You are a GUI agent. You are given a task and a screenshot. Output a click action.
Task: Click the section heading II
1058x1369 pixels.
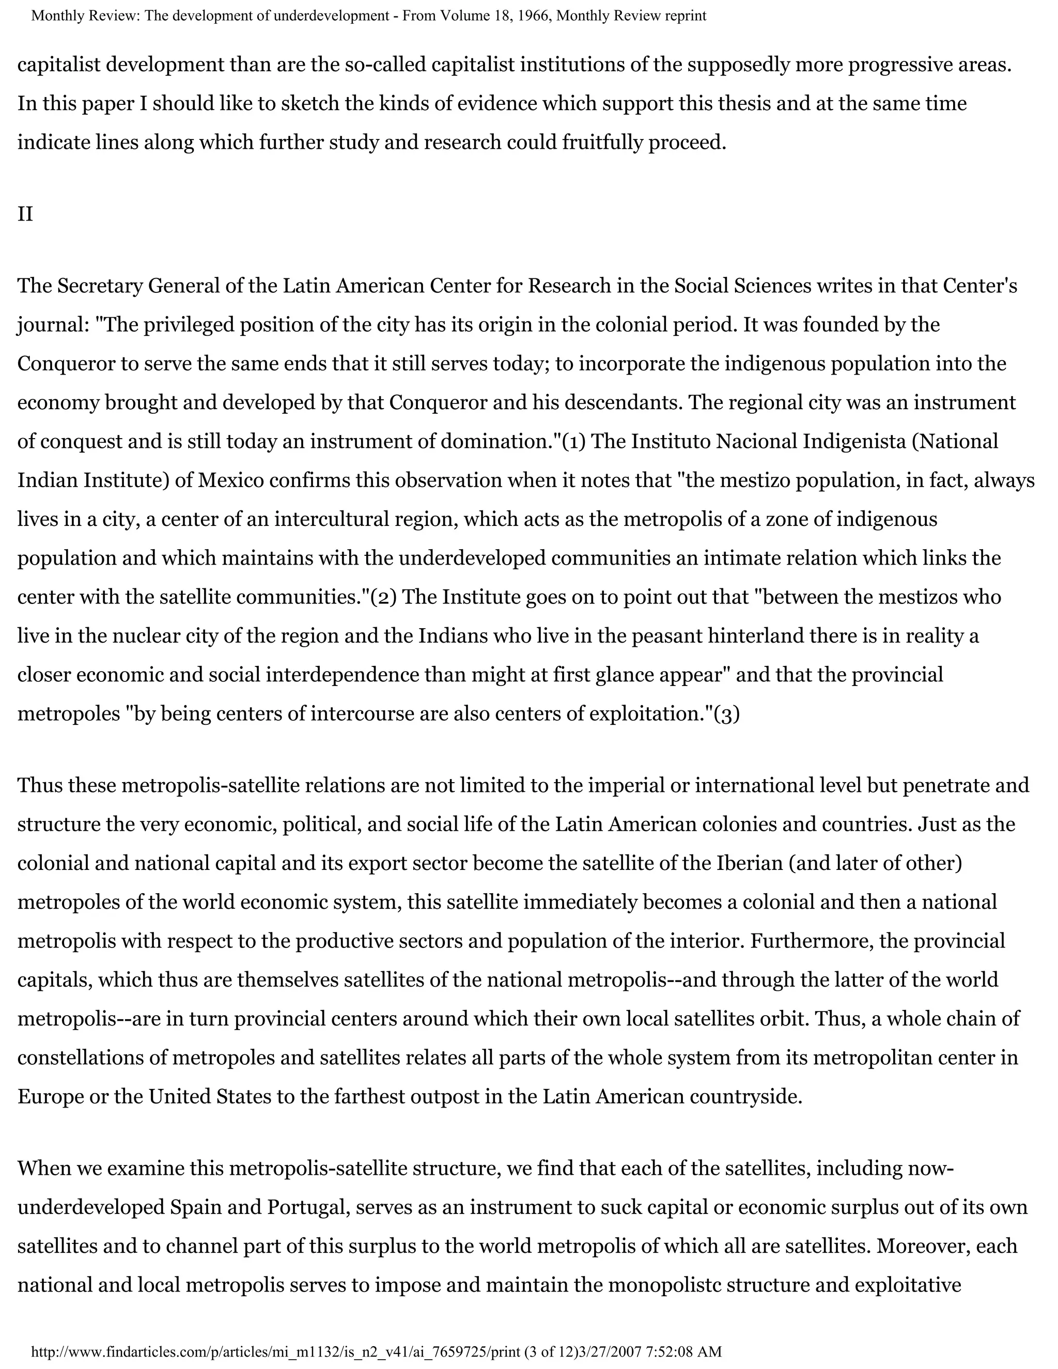(x=25, y=214)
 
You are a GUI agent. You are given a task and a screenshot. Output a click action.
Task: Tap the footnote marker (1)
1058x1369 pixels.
(x=573, y=441)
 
